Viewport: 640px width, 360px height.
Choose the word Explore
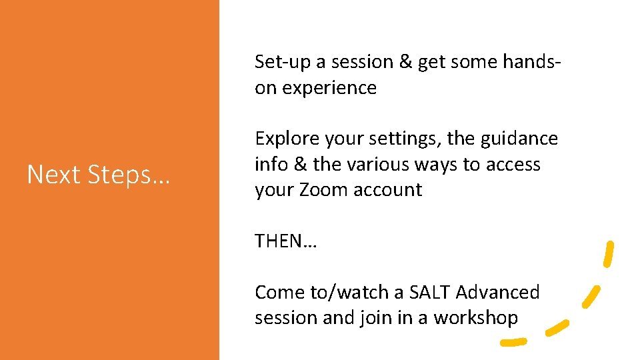[x=287, y=139]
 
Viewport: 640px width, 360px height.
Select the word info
[x=270, y=164]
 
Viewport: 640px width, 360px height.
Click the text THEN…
[x=286, y=241]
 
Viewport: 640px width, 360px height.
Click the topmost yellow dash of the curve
[x=608, y=254]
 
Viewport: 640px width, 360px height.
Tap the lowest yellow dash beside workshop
[x=513, y=342]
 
